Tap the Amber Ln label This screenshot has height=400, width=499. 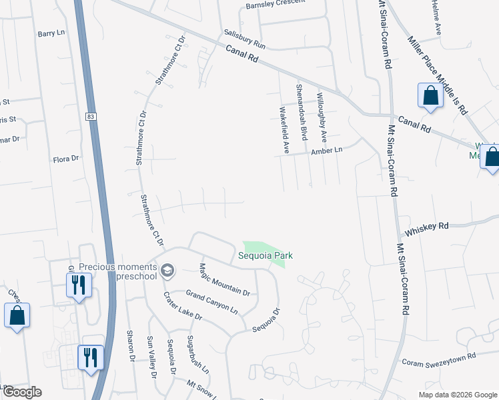pos(326,151)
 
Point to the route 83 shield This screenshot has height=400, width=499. pos(91,117)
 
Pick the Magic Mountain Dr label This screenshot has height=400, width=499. pos(223,279)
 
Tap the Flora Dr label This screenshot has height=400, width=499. pos(66,159)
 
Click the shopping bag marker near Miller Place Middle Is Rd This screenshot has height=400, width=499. pos(430,95)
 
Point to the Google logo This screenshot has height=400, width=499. pos(22,392)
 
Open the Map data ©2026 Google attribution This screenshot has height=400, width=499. pos(458,395)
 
